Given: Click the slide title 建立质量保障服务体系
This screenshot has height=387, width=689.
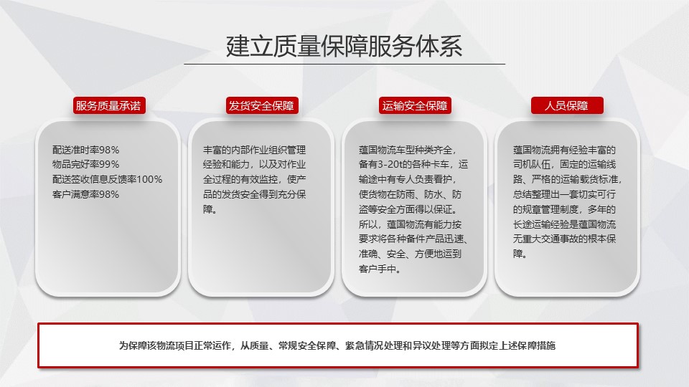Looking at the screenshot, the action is click(x=344, y=46).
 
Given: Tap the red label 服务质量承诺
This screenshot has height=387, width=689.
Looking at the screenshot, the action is click(x=109, y=106).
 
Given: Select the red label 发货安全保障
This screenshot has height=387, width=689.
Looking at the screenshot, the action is click(x=262, y=106).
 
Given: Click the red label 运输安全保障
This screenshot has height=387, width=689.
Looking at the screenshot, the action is click(x=415, y=106).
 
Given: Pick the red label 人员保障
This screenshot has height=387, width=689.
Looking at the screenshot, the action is click(x=567, y=106).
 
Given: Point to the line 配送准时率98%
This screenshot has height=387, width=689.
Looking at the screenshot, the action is click(x=85, y=150).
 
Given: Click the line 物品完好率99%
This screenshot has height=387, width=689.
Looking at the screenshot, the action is click(x=85, y=165).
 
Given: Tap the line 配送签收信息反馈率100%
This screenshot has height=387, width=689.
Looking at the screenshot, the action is click(x=107, y=179).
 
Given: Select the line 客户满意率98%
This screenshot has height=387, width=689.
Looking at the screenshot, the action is click(x=85, y=194).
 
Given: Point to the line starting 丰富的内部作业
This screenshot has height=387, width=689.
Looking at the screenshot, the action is click(x=254, y=150).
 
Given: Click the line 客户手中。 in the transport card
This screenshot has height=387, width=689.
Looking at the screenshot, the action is click(x=380, y=269).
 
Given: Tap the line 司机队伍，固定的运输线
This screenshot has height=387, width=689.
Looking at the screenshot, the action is click(x=565, y=165).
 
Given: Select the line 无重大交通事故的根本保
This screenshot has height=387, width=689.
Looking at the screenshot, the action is click(x=565, y=239).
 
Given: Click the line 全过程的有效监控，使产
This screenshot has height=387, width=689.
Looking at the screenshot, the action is click(x=254, y=179).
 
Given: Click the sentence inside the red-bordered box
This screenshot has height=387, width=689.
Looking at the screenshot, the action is click(x=337, y=345).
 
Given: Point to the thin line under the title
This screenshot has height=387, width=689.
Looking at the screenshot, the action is click(x=344, y=64).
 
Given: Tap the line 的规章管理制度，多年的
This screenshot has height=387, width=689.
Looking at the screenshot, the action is click(x=565, y=209).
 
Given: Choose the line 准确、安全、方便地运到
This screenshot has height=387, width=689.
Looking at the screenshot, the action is click(x=410, y=254).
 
